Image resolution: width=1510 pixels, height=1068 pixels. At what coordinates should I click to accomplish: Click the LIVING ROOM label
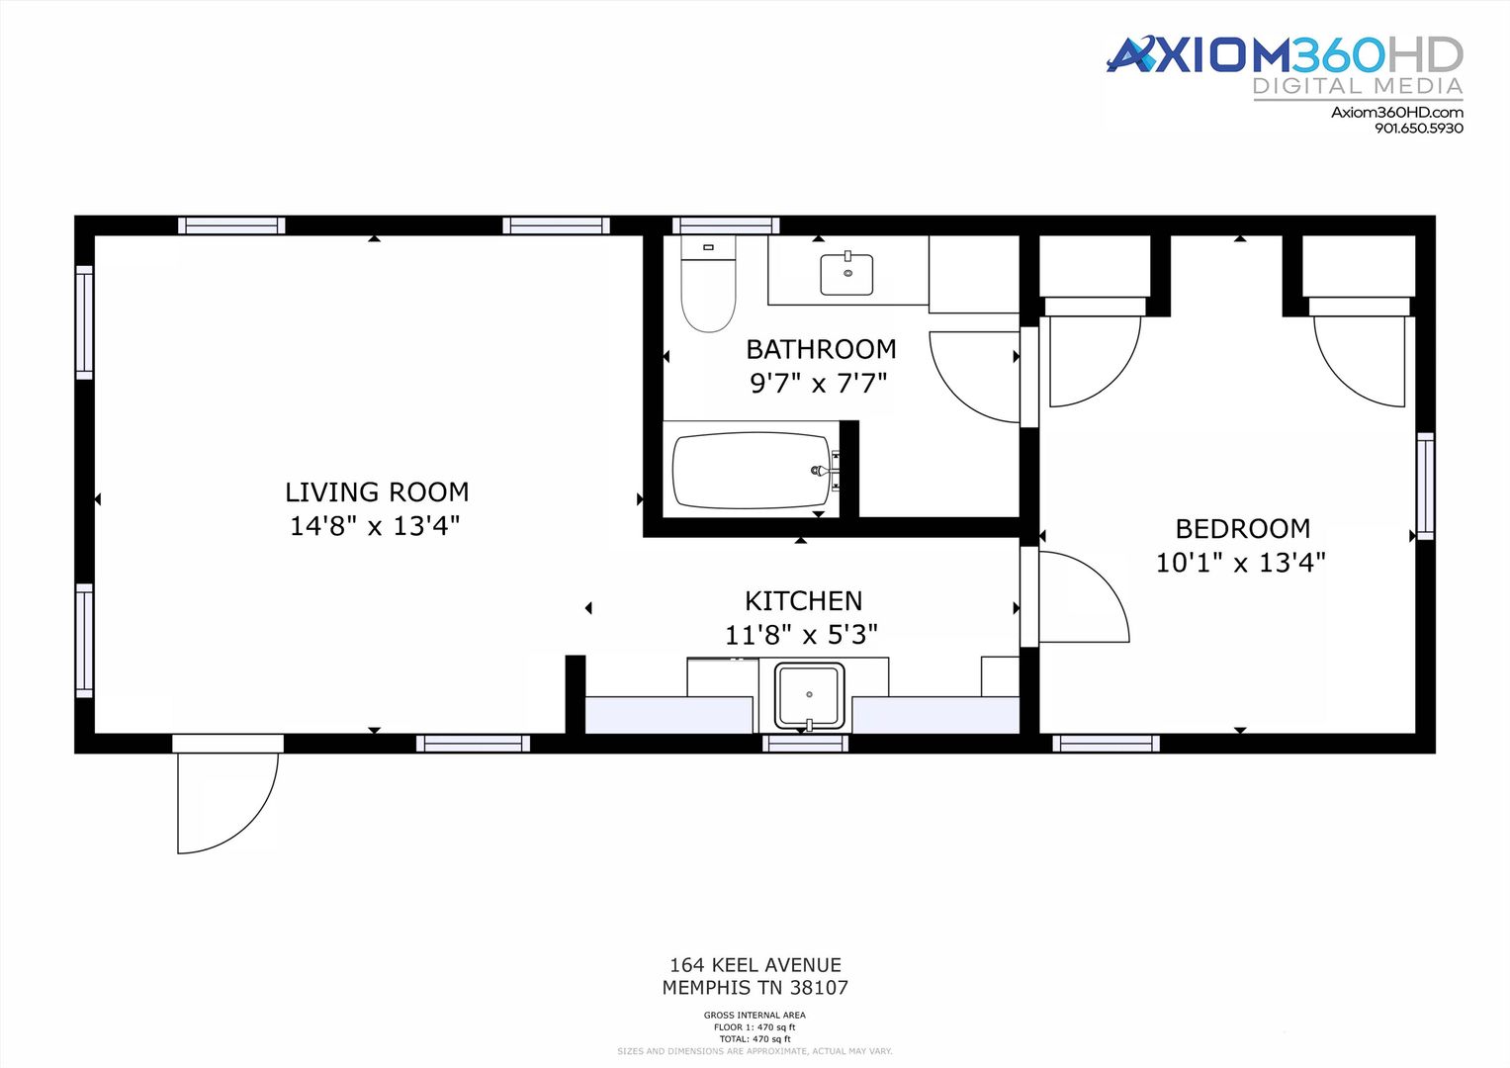coord(377,492)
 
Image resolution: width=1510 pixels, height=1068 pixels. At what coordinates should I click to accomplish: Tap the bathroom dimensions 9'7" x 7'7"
coord(819,384)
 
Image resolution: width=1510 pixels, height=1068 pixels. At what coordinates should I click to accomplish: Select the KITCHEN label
coord(804,601)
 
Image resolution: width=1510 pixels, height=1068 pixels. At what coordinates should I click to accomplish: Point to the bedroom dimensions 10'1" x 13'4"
coord(1241,563)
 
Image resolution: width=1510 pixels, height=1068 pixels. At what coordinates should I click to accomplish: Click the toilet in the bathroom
coord(708,284)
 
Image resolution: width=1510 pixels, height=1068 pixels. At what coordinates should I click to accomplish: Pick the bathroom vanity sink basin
coord(846,273)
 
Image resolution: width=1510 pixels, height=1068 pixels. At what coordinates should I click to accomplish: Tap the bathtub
coord(753,470)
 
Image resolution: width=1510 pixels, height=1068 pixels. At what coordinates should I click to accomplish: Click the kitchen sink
coord(809,696)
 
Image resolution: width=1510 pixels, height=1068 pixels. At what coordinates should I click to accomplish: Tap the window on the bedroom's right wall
coord(1425,486)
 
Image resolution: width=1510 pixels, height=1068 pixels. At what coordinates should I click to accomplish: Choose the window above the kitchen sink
coord(806,743)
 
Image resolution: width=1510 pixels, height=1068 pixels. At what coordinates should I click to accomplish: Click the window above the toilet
coord(726,225)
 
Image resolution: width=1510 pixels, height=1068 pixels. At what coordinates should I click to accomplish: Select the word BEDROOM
coord(1243,529)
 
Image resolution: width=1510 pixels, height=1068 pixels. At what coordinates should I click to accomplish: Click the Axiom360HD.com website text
coord(1396,112)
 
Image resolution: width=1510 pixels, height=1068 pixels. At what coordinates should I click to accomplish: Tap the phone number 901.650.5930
coord(1419,129)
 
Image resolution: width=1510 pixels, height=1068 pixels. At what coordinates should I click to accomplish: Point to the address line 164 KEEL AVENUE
coord(755,965)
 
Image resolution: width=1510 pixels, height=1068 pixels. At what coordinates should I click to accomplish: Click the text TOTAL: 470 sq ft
coord(755,1039)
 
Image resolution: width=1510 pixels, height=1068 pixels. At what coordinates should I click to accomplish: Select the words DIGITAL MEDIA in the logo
coord(1358,86)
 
